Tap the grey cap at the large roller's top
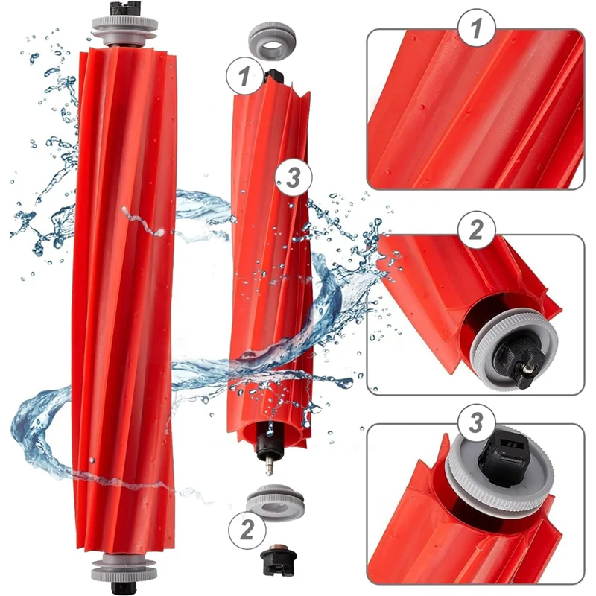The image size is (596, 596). click(x=124, y=28)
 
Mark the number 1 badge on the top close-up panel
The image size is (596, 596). click(x=475, y=29)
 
